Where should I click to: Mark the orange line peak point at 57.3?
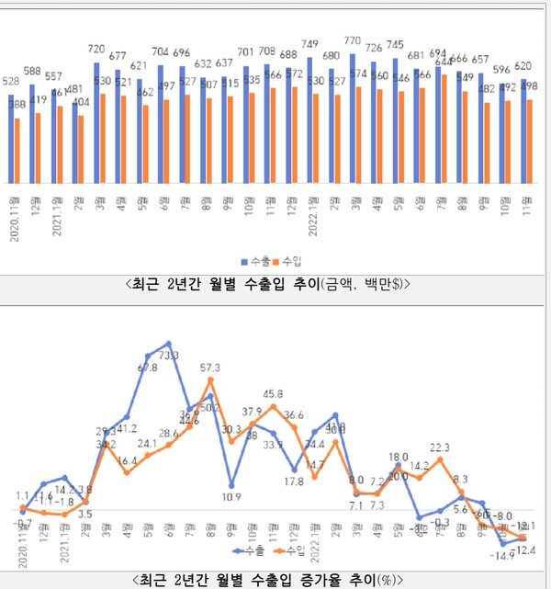coord(210,379)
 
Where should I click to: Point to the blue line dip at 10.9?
coord(231,485)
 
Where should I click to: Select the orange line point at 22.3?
coord(444,459)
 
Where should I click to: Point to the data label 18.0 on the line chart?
coord(399,456)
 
